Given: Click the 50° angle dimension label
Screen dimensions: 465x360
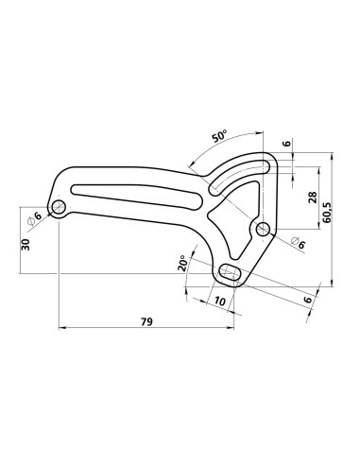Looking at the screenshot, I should pos(219,136).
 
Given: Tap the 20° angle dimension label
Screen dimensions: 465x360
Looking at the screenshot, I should pos(181,264).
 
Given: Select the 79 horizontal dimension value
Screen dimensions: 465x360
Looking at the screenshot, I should pos(146,321).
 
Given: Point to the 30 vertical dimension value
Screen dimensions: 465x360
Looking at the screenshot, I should pos(26,243).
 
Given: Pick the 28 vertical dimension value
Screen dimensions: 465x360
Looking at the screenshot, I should pos(311,198).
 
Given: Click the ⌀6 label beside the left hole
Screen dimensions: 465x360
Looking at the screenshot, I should pos(36,218).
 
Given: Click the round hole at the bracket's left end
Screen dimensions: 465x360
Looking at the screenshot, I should pos(60,206).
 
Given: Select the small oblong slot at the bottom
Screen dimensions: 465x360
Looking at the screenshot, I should pos(230,274).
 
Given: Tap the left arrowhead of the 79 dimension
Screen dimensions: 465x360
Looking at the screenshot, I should pos(63,329).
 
